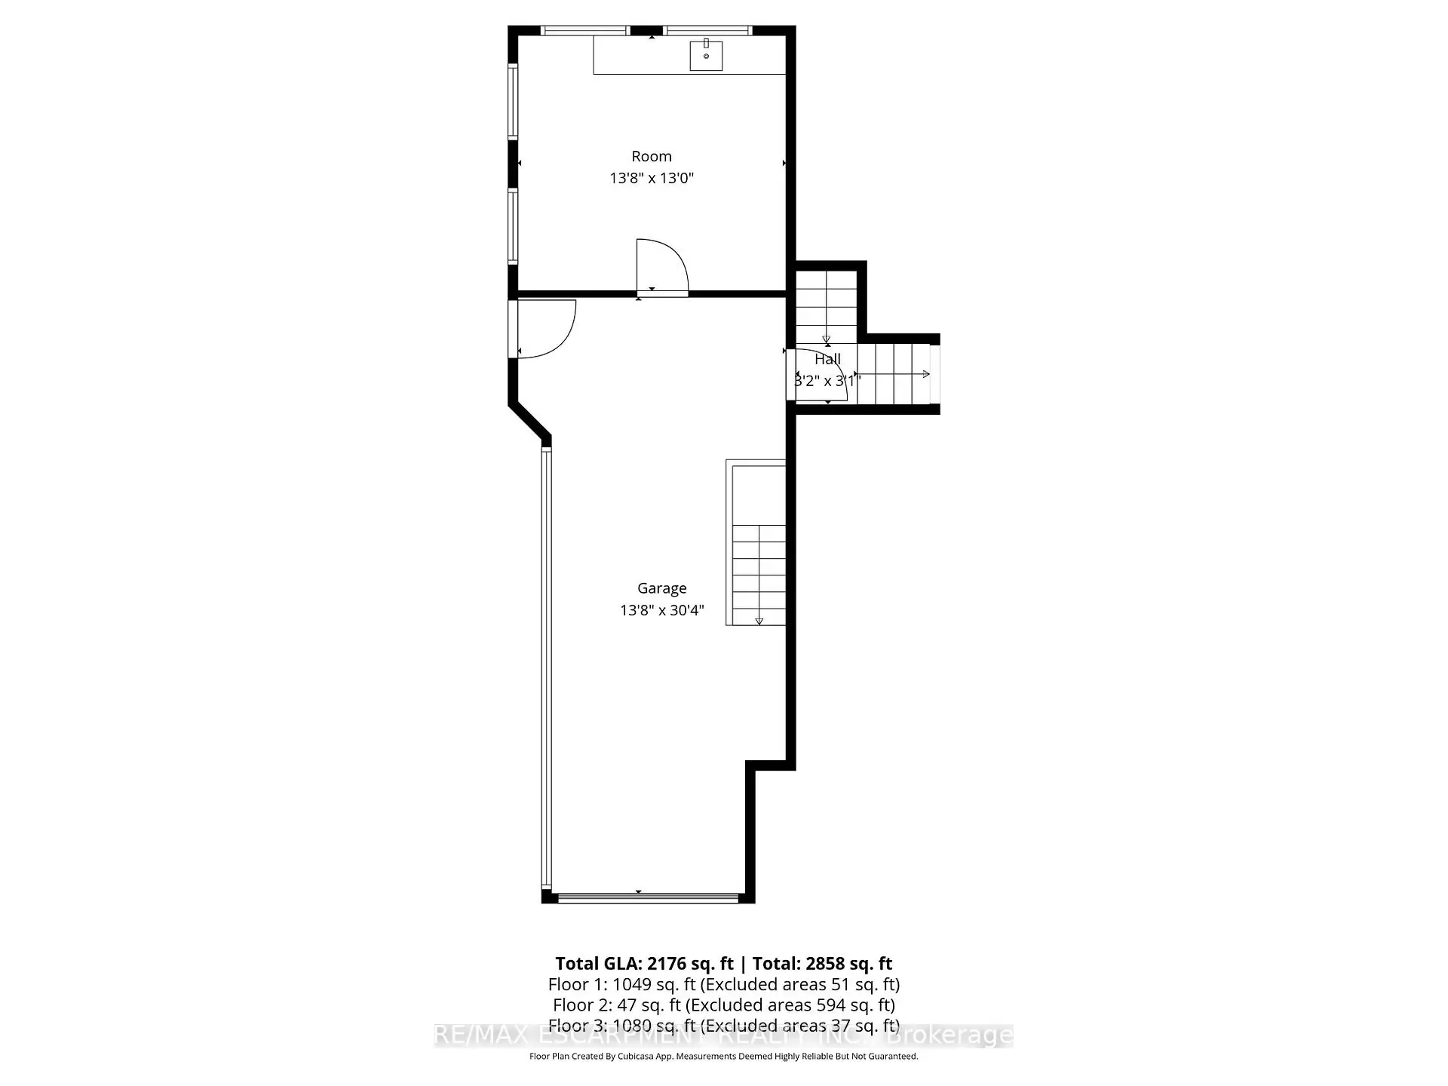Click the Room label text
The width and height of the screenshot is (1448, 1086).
pos(652,156)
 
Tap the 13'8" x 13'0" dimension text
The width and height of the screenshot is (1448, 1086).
pos(652,179)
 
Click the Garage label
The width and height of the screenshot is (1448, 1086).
pos(661,588)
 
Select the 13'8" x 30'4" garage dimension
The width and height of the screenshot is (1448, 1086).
pos(661,610)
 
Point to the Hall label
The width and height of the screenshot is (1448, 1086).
pos(827,360)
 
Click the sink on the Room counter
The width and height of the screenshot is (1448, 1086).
pos(706,55)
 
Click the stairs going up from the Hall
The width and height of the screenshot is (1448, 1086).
pos(826,305)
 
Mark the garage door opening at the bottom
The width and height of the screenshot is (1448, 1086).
pos(648,897)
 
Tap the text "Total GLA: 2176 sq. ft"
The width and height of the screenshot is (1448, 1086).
pos(644,964)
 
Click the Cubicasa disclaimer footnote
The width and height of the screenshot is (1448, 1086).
pos(723,1057)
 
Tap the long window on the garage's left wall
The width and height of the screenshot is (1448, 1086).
pos(546,667)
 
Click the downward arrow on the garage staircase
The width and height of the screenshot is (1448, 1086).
pos(759,621)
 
